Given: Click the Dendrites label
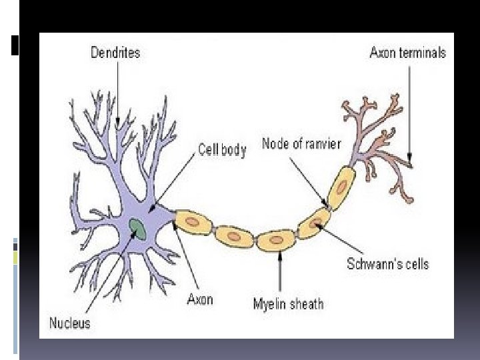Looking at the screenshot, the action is coord(115,52).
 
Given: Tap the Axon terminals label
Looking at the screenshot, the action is coord(407,52).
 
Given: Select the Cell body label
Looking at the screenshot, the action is coord(222,150).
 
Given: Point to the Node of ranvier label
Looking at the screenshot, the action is coord(301,143).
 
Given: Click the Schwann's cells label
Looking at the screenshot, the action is coord(387,264).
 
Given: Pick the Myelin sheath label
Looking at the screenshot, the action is coord(288,304).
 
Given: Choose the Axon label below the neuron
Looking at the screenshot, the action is coord(200,299).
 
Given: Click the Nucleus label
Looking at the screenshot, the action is coord(69,324).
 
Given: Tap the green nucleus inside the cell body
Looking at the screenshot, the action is coord(139,229).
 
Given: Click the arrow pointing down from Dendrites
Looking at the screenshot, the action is coord(118,93).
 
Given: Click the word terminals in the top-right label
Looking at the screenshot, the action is coord(422,52).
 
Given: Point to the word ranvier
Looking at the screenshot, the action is coord(321,143).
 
